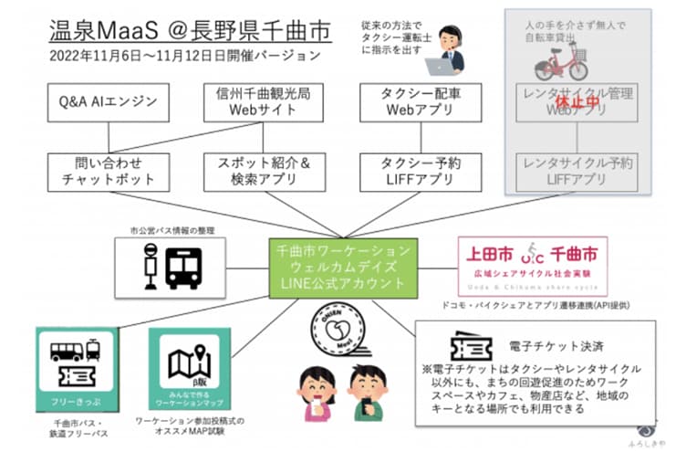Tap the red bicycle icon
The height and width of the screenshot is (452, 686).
[x=562, y=61]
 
